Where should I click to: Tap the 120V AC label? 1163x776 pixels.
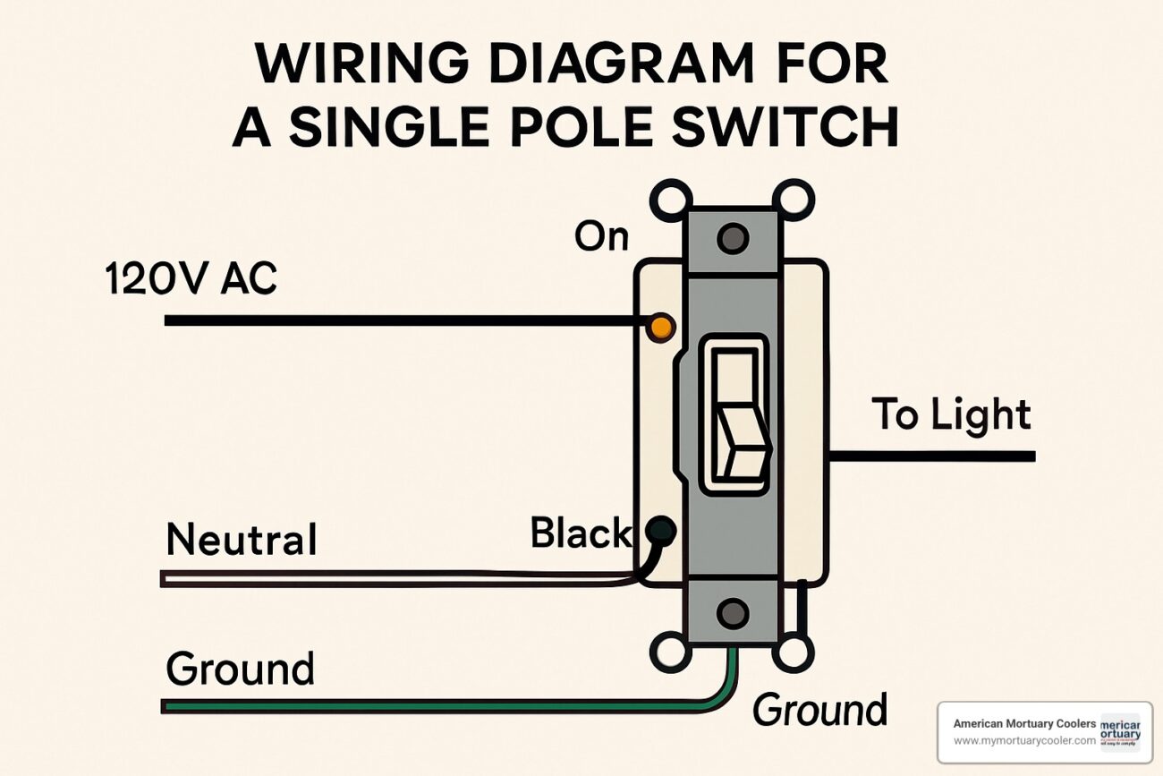pyautogui.click(x=191, y=279)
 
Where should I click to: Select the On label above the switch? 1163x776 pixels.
pyautogui.click(x=601, y=236)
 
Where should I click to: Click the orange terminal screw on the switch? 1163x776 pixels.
pyautogui.click(x=659, y=328)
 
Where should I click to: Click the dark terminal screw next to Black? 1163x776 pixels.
pyautogui.click(x=662, y=531)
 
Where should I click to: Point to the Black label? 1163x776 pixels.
pyautogui.click(x=580, y=533)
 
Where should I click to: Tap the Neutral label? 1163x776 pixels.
pyautogui.click(x=242, y=540)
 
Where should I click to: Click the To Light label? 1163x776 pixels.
pyautogui.click(x=951, y=415)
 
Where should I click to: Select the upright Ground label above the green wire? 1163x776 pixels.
pyautogui.click(x=240, y=669)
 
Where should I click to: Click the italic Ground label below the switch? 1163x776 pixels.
pyautogui.click(x=819, y=710)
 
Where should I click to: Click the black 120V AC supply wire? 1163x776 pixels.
pyautogui.click(x=403, y=320)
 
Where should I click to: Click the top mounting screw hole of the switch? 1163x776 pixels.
pyautogui.click(x=733, y=239)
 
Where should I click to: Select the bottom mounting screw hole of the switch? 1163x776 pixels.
pyautogui.click(x=733, y=613)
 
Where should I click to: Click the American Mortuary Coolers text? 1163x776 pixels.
pyautogui.click(x=1024, y=723)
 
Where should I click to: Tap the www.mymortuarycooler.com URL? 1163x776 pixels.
pyautogui.click(x=1024, y=741)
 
